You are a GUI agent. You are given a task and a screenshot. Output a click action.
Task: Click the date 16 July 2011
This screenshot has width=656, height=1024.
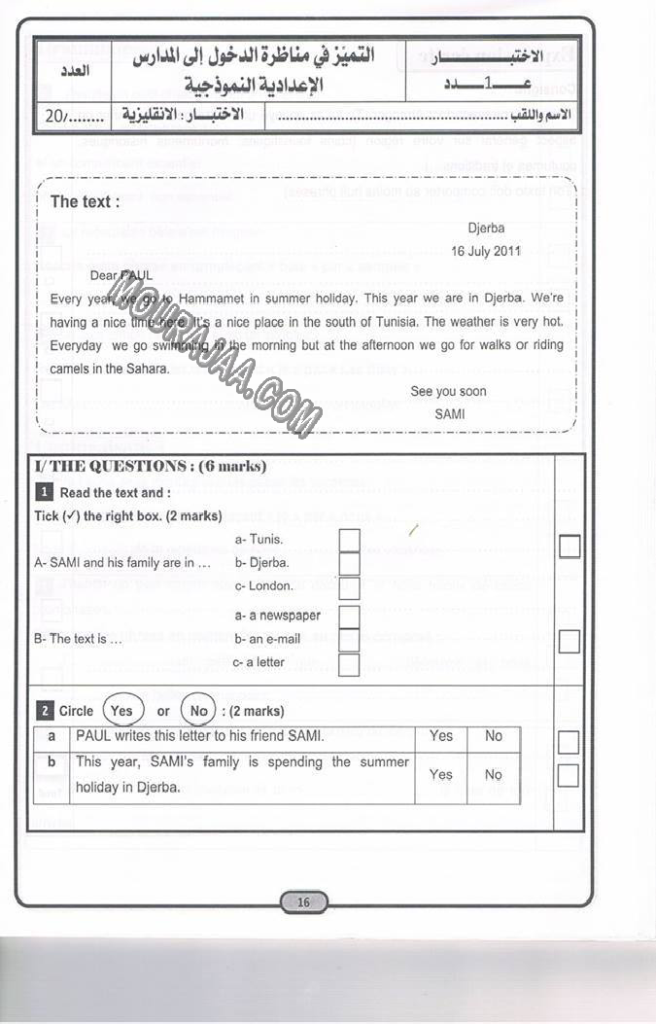(486, 251)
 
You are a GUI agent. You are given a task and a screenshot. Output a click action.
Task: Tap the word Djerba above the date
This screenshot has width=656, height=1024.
(486, 229)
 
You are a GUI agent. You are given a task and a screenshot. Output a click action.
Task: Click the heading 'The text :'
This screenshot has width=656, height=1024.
(86, 202)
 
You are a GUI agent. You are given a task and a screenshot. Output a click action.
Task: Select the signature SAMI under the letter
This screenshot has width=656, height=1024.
(450, 413)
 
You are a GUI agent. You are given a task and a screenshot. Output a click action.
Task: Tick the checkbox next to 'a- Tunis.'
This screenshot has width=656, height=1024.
(349, 540)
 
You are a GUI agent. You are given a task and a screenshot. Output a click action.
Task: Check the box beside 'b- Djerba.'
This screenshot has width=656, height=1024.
(349, 563)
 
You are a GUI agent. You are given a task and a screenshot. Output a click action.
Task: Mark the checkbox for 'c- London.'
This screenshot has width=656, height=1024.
(349, 587)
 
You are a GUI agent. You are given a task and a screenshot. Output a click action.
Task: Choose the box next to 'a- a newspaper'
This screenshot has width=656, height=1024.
(349, 617)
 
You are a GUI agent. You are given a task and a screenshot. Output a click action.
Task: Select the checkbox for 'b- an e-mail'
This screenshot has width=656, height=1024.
(349, 640)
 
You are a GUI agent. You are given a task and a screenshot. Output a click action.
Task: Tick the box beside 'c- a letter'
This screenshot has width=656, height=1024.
(349, 664)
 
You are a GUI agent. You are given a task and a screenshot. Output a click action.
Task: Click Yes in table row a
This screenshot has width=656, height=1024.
(441, 737)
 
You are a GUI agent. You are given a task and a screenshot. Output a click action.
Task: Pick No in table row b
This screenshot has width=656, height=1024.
(494, 775)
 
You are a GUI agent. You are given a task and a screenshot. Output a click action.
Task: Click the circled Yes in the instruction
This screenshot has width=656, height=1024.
(121, 711)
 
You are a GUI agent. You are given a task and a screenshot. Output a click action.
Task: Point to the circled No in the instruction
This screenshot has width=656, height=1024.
(199, 711)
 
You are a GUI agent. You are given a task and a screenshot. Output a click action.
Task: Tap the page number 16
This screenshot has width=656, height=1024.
(303, 902)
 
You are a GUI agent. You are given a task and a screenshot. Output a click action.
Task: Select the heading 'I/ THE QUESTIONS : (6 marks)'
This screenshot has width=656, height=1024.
(151, 467)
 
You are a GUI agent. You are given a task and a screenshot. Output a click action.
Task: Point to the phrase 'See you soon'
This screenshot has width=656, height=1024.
(448, 392)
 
